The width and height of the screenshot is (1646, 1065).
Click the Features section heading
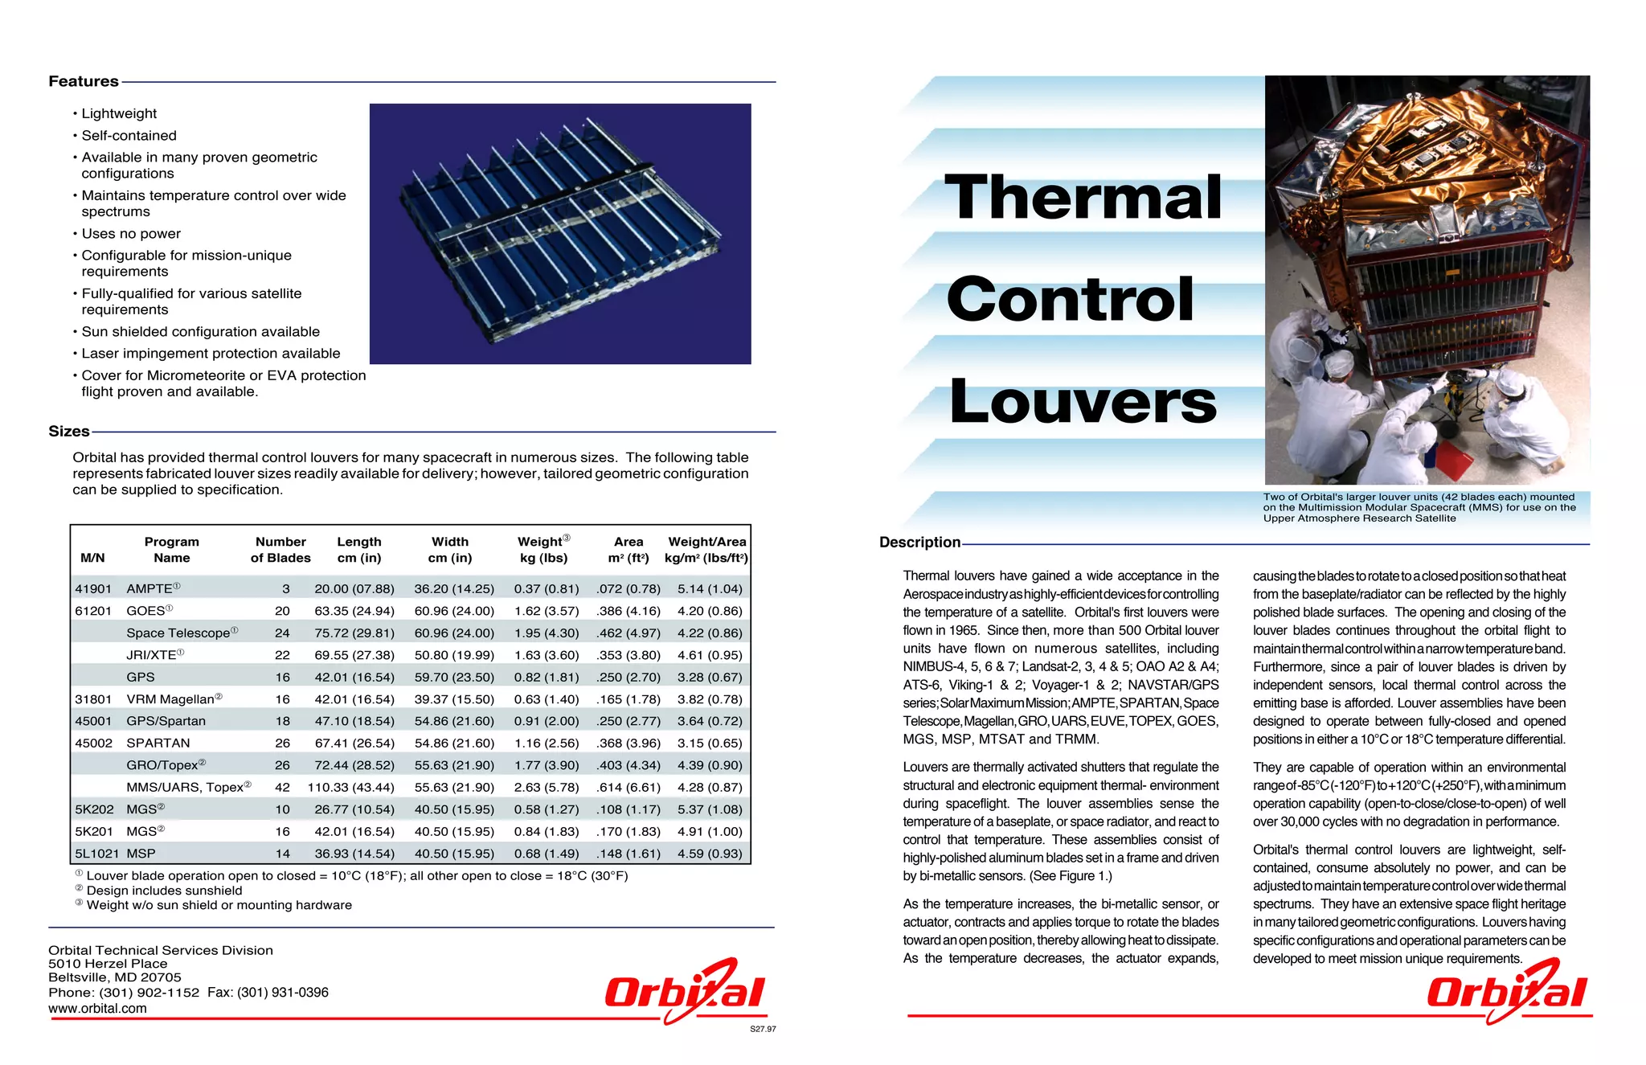point(84,81)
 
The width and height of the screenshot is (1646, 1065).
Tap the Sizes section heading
point(69,432)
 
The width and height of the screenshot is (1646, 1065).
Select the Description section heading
point(919,543)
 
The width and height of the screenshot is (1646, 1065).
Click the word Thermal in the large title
point(1083,198)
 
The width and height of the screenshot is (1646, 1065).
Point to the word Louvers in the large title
point(1083,402)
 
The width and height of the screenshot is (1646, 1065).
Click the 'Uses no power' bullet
point(131,234)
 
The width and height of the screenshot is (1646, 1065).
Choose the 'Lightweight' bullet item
point(119,114)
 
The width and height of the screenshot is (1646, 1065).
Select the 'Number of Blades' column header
point(280,550)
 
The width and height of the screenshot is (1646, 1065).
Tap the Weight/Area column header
point(706,550)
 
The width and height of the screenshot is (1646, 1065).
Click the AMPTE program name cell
point(150,589)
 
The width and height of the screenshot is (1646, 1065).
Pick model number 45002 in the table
point(93,743)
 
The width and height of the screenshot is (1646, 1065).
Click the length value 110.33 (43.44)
point(350,788)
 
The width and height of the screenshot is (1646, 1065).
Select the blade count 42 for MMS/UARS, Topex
point(282,788)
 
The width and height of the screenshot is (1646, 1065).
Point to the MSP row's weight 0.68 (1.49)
point(547,854)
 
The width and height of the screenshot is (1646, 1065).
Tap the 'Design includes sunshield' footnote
point(164,891)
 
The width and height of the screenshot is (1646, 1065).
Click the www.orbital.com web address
point(97,1009)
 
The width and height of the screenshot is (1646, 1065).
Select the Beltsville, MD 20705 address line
point(115,977)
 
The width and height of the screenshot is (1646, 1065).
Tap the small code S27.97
point(763,1029)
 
